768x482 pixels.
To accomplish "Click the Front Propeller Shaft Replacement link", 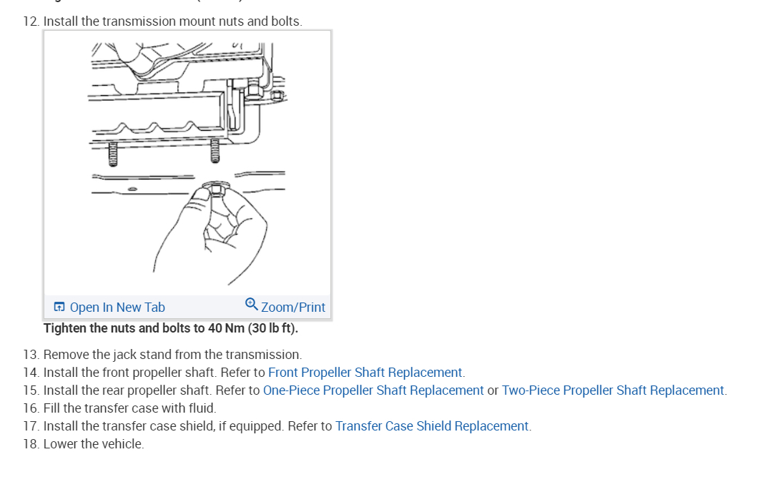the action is [365, 373].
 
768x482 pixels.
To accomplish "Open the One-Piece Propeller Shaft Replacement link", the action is [373, 390].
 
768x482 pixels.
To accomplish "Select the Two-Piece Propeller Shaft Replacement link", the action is [613, 390].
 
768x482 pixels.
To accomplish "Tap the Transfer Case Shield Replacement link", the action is [432, 426].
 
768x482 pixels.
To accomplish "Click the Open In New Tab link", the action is [117, 308].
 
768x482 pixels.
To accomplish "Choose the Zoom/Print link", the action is [293, 308].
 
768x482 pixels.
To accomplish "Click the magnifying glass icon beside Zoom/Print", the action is [251, 304].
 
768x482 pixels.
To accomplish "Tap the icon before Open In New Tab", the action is [59, 308].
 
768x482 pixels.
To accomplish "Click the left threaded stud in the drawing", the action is [111, 153].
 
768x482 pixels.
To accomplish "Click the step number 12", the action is [30, 21].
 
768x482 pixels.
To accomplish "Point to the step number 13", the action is [30, 355].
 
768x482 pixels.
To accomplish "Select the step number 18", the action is [30, 444].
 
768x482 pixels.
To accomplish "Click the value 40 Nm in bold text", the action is [226, 329].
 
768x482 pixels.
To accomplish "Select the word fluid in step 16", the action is [201, 408].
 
